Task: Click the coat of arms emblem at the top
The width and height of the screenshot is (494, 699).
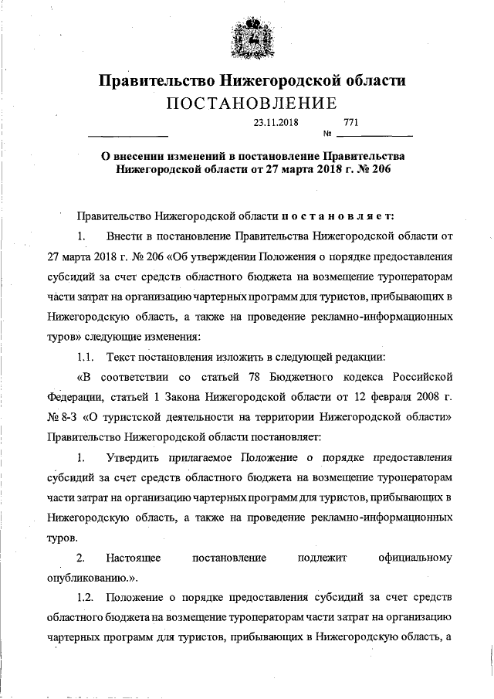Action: pyautogui.click(x=246, y=39)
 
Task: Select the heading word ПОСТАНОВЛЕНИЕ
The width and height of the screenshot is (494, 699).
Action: pyautogui.click(x=247, y=103)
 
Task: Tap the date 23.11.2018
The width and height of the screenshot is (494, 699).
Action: pyautogui.click(x=276, y=122)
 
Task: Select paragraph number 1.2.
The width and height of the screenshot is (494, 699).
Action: pyautogui.click(x=86, y=598)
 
